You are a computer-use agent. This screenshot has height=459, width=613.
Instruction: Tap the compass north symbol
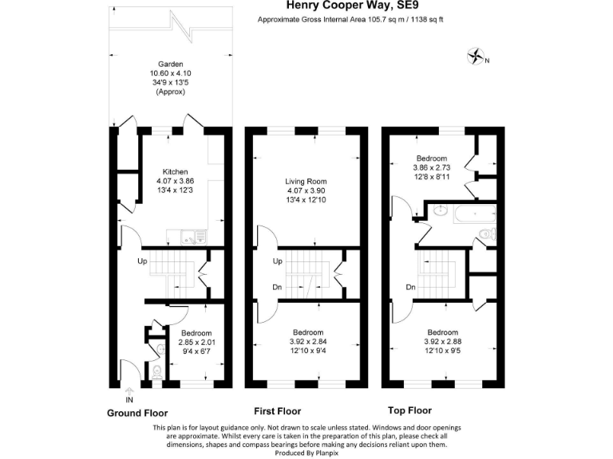coord(477,57)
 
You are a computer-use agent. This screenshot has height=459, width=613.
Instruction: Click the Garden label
coord(171,65)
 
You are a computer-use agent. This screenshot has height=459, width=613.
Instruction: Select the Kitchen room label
coord(175,172)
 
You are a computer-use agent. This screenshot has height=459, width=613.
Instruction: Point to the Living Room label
coord(307,182)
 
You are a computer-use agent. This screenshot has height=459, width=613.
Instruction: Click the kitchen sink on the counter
coord(188,236)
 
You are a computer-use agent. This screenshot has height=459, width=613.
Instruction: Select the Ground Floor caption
coord(137,414)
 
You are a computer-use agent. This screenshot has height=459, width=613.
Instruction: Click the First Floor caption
coord(277,411)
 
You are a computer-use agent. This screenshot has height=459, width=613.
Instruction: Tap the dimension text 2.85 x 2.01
coord(196,343)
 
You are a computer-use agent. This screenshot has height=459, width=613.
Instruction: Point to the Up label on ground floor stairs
coord(144,261)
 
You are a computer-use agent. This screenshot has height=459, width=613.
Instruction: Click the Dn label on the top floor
coord(410,287)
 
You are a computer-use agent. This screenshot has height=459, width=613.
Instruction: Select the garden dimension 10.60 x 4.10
coord(171,73)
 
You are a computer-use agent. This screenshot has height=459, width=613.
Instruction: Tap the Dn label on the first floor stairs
coord(277,288)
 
